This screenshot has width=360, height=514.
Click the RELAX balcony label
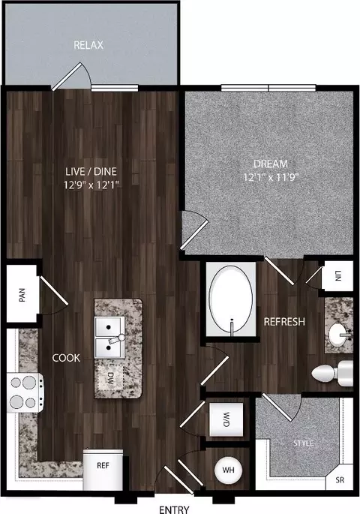click(88, 45)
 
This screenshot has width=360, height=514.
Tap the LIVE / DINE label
click(91, 171)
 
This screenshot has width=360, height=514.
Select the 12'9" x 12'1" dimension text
click(91, 185)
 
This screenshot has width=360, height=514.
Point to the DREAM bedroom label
click(271, 164)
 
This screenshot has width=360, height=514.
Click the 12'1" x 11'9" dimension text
click(271, 177)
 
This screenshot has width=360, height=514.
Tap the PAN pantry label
click(22, 295)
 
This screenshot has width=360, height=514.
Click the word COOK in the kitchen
click(66, 358)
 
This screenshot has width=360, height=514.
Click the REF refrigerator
click(103, 470)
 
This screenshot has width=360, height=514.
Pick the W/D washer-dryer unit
click(226, 419)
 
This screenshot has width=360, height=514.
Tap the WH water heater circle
click(228, 470)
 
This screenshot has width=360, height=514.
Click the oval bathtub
click(231, 299)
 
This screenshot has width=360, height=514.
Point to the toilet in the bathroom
click(332, 373)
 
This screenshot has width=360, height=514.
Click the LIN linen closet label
click(338, 276)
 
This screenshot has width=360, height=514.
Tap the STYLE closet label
click(304, 443)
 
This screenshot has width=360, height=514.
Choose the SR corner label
click(340, 480)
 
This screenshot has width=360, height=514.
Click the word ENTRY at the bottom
click(174, 509)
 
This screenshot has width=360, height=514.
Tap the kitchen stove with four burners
click(25, 392)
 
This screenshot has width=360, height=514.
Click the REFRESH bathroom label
click(284, 322)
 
